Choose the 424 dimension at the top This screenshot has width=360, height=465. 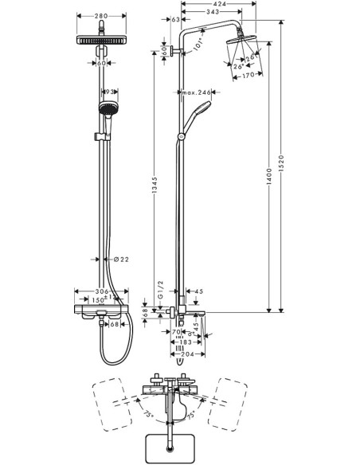coord(227,6)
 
